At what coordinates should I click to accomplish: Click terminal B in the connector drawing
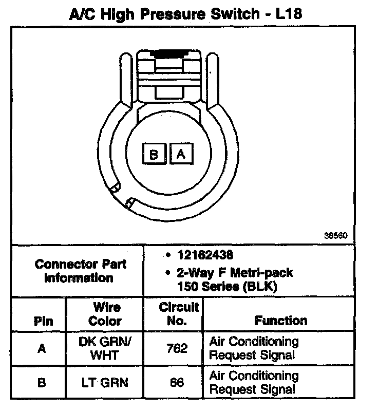tap(154, 154)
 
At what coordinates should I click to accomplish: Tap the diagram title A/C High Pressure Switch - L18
tap(185, 14)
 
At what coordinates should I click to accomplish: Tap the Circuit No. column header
tap(178, 314)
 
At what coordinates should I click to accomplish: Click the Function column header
tap(281, 321)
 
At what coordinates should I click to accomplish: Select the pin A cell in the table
tap(42, 348)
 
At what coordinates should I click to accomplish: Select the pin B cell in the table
tap(42, 383)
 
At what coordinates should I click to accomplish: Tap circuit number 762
tap(178, 348)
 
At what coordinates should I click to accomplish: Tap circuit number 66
tap(178, 383)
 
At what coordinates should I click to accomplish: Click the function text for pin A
tap(254, 348)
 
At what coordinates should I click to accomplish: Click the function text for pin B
tap(254, 383)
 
